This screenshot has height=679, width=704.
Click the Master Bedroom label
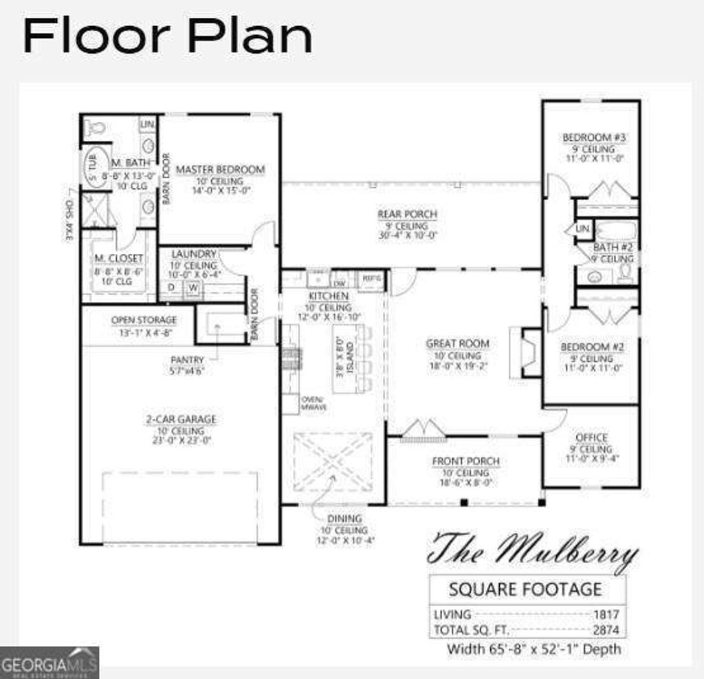[220, 169]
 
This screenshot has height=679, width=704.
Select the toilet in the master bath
[94, 127]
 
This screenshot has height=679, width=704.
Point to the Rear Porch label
[407, 215]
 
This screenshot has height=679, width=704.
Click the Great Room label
[458, 343]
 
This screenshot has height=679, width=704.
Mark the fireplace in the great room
[529, 353]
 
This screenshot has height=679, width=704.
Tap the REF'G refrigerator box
[371, 280]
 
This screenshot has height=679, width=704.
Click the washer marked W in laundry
[193, 288]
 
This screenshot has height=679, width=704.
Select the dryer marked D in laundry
[171, 288]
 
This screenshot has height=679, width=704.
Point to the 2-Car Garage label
[181, 419]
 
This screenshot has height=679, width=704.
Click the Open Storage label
[144, 320]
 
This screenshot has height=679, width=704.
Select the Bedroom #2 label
[592, 347]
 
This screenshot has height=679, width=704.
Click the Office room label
[591, 438]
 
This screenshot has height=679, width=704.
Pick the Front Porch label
[465, 461]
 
